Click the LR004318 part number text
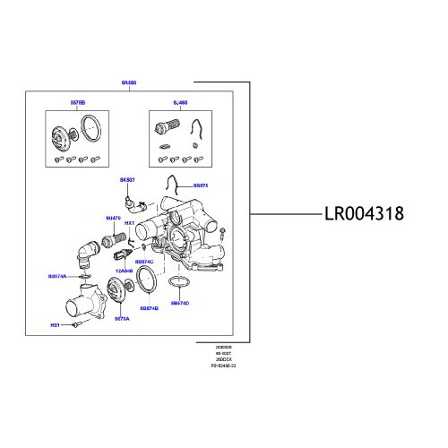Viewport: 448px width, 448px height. click(x=364, y=215)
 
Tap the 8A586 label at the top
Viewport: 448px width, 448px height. click(x=129, y=82)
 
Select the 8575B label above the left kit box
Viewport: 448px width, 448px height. click(x=78, y=103)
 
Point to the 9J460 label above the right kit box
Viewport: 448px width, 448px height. click(x=179, y=103)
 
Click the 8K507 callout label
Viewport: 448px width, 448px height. click(x=126, y=179)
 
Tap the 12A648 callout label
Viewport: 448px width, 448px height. click(x=124, y=270)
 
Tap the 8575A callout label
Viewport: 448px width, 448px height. click(x=122, y=318)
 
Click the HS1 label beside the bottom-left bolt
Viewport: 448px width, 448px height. click(x=53, y=325)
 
